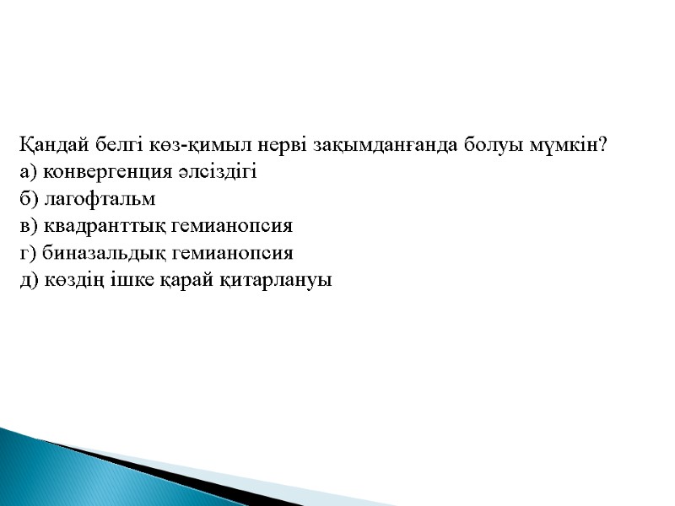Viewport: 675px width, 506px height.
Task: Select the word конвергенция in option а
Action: click(x=99, y=172)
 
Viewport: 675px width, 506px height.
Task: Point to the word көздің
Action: click(x=67, y=280)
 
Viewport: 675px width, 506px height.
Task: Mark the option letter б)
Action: click(x=29, y=199)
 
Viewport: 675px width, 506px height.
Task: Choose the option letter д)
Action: click(x=29, y=280)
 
